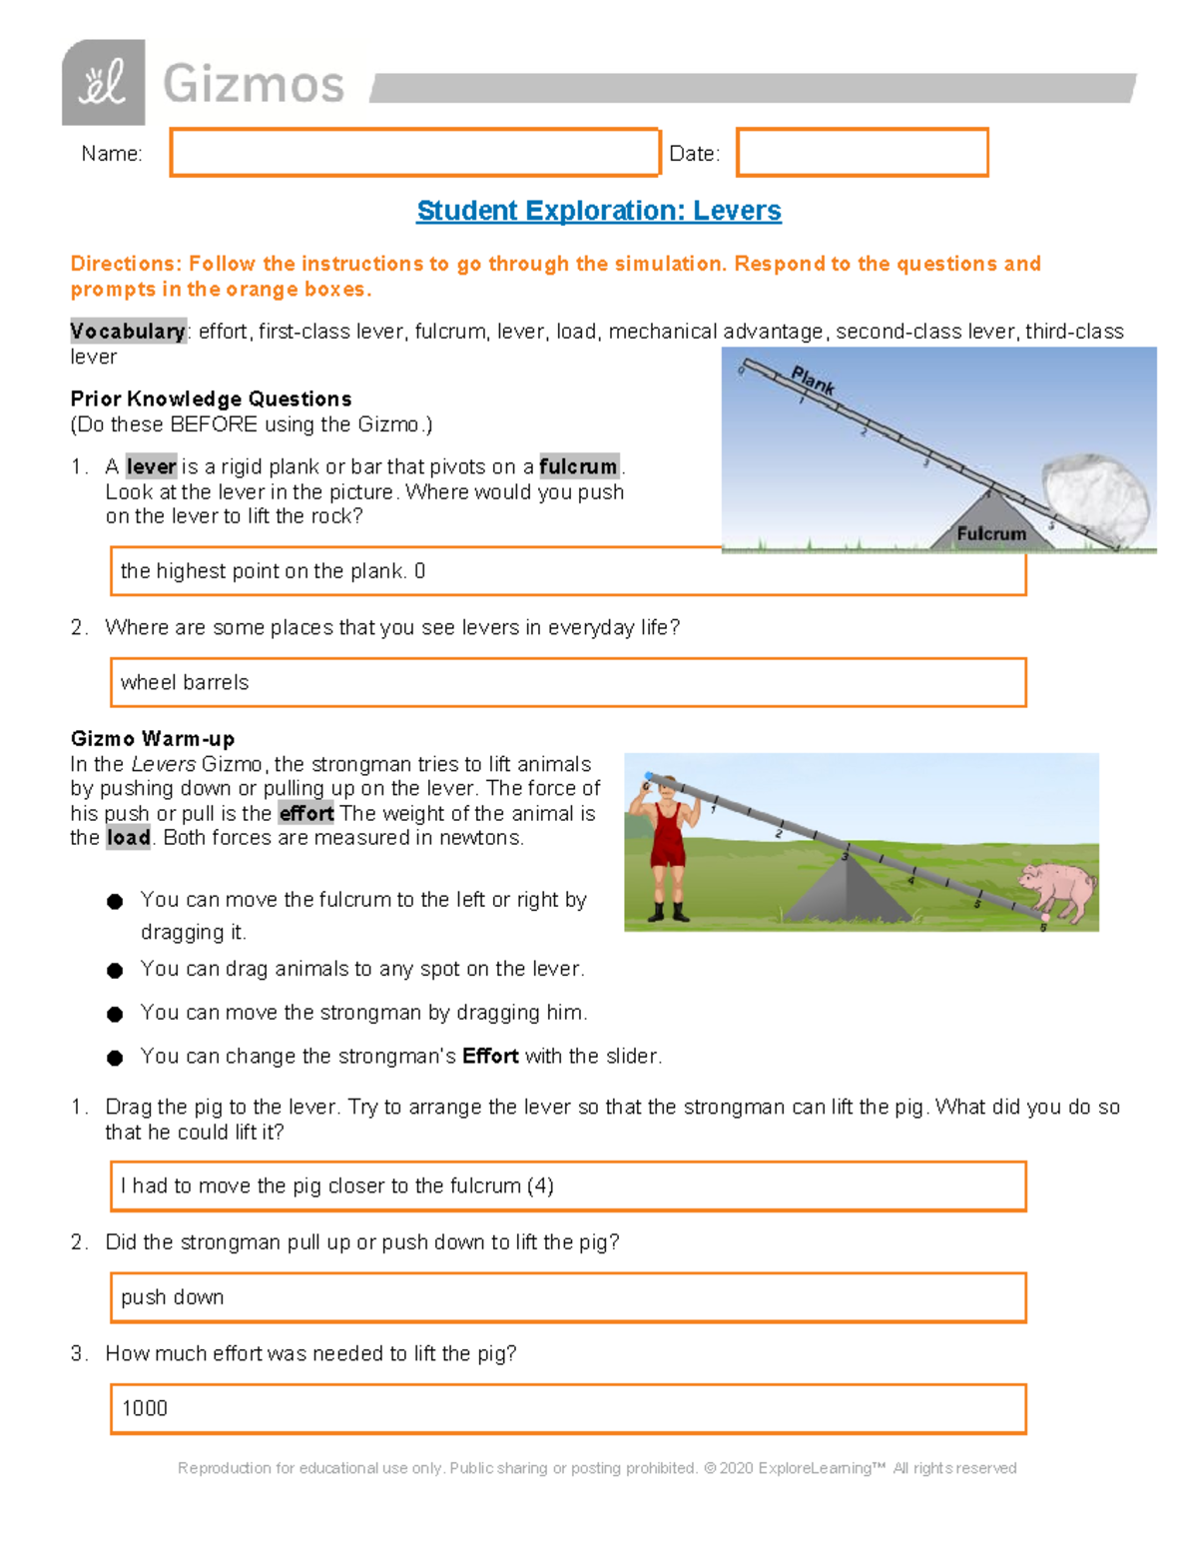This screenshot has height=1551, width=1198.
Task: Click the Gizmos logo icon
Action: tap(103, 83)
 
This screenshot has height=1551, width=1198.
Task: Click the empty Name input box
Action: tap(414, 153)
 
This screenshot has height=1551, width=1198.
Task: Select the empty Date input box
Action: tap(862, 153)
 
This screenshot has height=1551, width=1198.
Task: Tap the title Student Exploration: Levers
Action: tap(598, 211)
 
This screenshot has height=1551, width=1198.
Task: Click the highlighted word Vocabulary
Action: tap(128, 332)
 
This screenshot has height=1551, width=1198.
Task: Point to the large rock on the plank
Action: tap(1094, 499)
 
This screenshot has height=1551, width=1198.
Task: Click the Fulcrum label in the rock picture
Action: tap(990, 534)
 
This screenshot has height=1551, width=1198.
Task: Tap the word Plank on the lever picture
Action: tap(813, 381)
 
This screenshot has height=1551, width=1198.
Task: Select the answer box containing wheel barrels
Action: tap(567, 682)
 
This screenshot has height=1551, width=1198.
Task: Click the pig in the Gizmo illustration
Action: tap(1057, 890)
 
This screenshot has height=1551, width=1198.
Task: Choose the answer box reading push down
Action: tap(567, 1297)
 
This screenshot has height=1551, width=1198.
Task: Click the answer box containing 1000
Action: tap(567, 1409)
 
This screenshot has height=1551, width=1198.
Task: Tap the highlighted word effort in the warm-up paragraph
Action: tap(306, 814)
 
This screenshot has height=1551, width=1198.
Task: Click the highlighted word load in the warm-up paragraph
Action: tap(129, 838)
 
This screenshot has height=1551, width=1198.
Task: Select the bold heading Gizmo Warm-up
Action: tap(153, 739)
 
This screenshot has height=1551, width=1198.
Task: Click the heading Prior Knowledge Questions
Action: tap(211, 399)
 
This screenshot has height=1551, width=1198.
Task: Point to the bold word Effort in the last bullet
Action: tap(490, 1057)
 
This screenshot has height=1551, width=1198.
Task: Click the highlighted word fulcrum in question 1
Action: tap(578, 466)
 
